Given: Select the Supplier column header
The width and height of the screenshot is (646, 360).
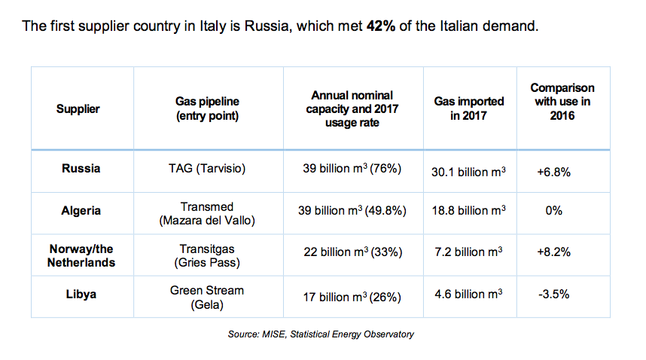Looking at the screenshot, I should point(78,108).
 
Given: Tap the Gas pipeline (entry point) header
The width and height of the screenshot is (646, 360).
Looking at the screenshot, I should point(207,108).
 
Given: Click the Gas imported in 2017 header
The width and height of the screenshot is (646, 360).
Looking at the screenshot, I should point(469,108).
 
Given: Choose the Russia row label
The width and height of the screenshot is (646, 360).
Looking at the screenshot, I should point(81,169).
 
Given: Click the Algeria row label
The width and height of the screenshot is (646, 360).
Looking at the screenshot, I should point(81,211).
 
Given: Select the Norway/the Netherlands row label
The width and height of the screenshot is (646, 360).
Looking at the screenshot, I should point(81,255).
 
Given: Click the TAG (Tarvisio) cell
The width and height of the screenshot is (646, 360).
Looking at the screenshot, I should point(207,169).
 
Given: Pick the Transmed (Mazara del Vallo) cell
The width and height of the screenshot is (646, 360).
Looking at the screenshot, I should point(207,212).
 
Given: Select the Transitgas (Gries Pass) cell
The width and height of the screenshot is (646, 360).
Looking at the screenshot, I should point(207,255).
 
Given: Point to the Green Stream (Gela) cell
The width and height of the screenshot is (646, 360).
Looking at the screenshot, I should point(207,296).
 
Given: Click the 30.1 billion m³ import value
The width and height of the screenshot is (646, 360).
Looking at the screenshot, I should point(469,171).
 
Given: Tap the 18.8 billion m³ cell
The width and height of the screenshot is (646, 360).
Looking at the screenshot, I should point(469,212).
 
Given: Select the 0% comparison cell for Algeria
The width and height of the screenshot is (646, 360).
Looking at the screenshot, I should point(553,211).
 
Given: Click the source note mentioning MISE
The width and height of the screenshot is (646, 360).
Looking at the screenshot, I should point(321,334).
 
